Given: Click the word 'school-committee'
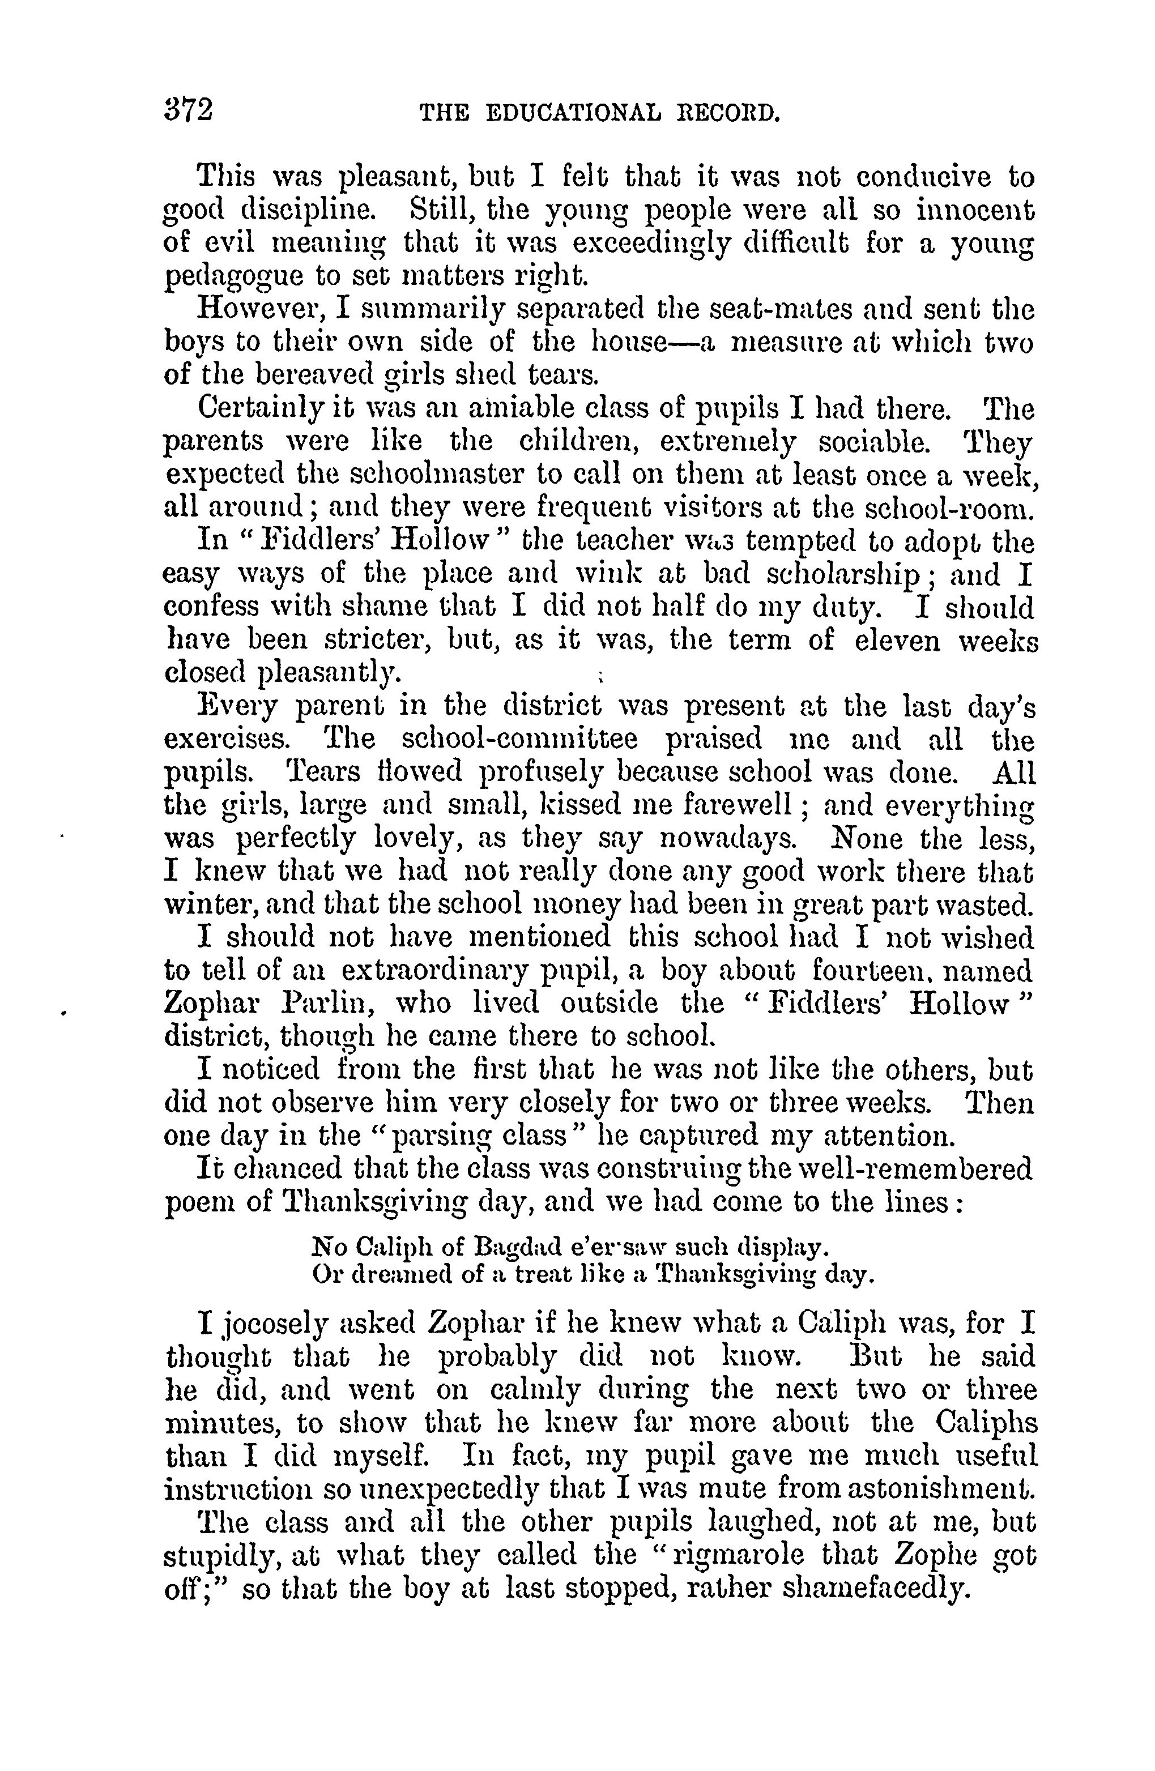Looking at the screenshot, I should (519, 739).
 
